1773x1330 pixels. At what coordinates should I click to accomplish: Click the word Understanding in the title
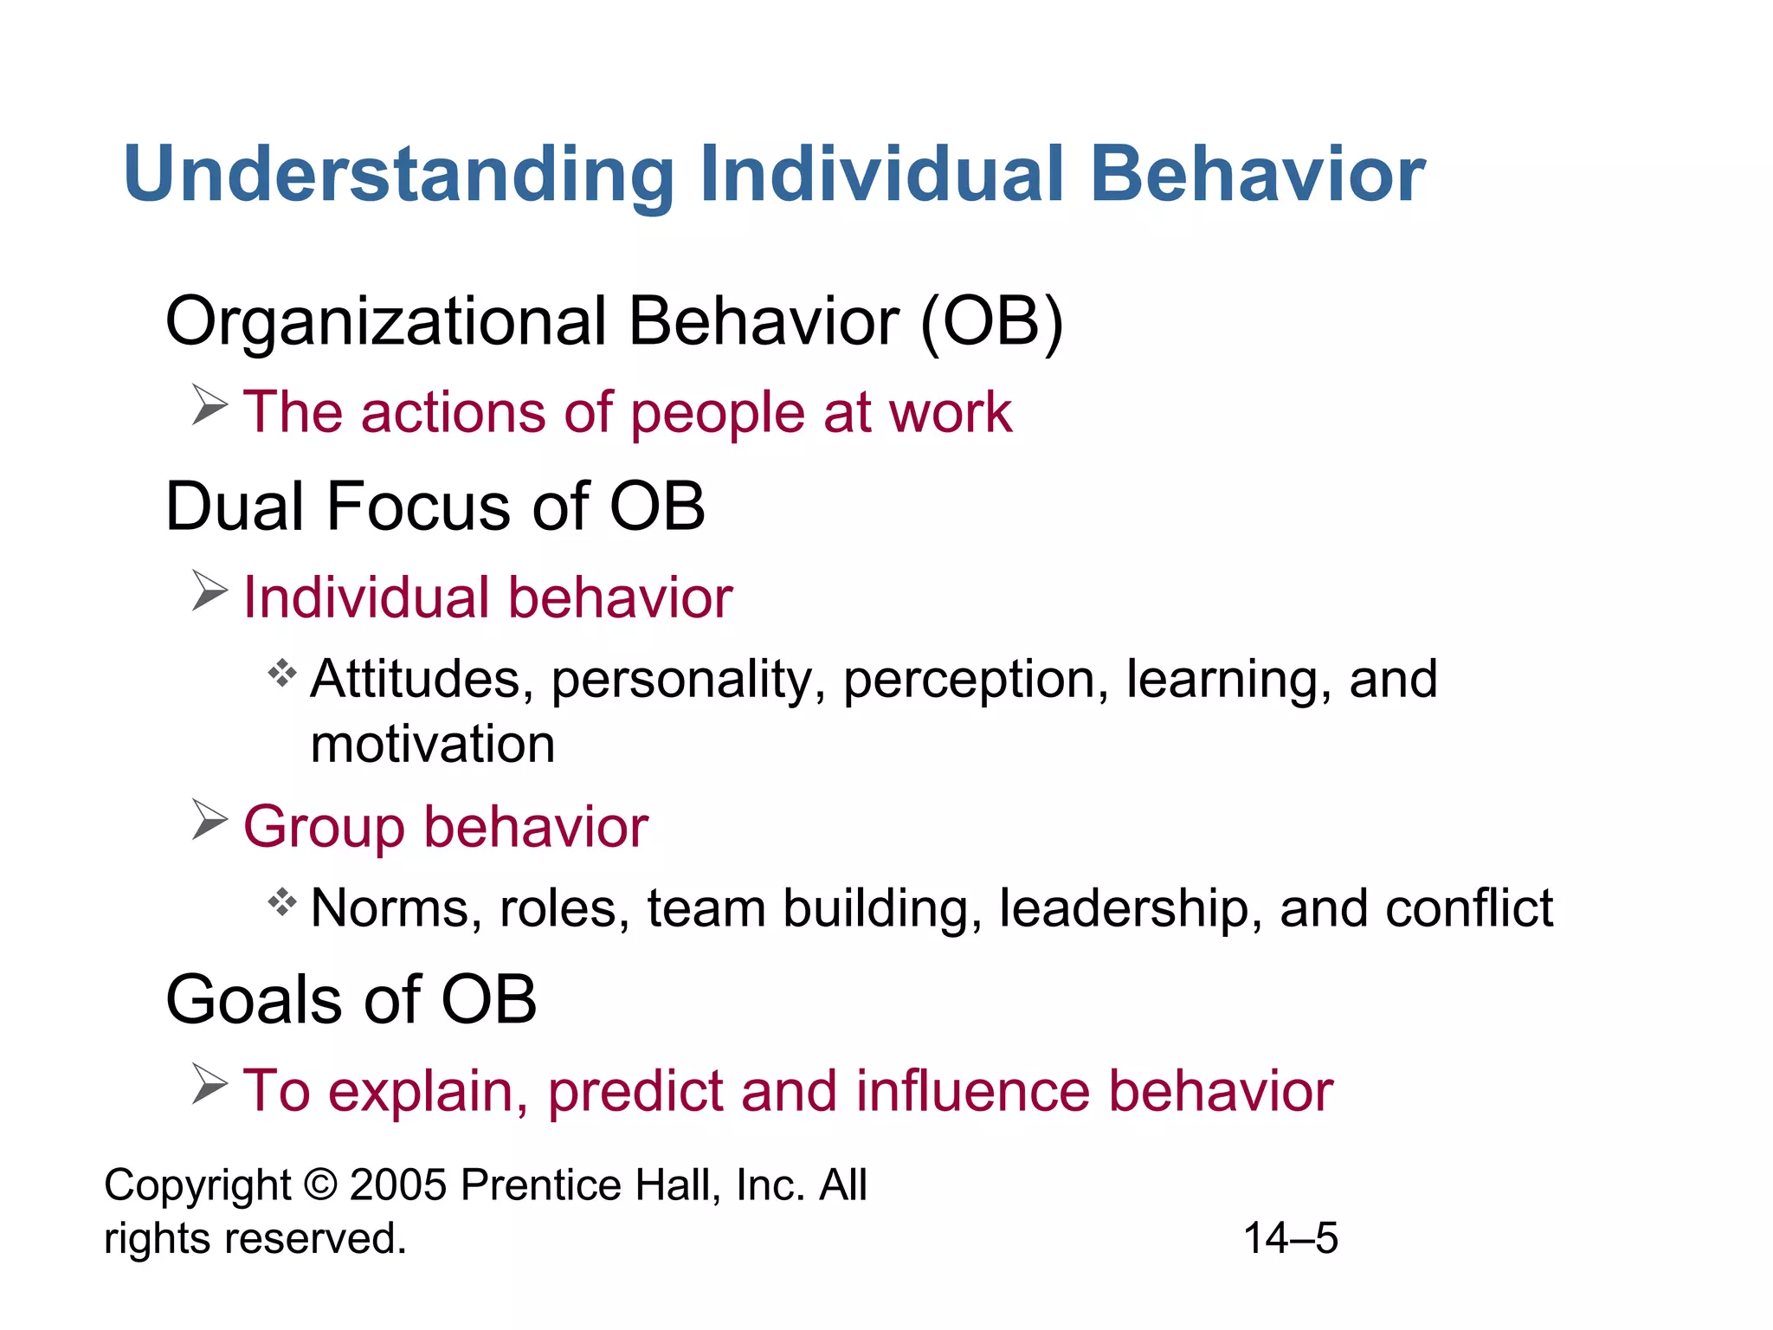398,176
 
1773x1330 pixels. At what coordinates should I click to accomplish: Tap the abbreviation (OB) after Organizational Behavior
991,322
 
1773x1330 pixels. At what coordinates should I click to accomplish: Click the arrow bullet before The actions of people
210,405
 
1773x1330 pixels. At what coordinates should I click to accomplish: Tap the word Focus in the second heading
419,507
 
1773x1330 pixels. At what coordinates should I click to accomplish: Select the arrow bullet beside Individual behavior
210,591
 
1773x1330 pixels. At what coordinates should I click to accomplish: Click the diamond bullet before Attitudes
282,673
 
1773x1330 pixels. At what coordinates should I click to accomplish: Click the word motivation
432,745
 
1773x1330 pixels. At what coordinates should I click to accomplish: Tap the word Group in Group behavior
324,828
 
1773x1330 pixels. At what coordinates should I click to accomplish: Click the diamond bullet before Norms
282,902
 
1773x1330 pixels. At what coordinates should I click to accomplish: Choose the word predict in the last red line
635,1093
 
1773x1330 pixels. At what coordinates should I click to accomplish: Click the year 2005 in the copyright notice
397,1185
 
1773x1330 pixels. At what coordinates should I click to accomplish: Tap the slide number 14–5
1290,1238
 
